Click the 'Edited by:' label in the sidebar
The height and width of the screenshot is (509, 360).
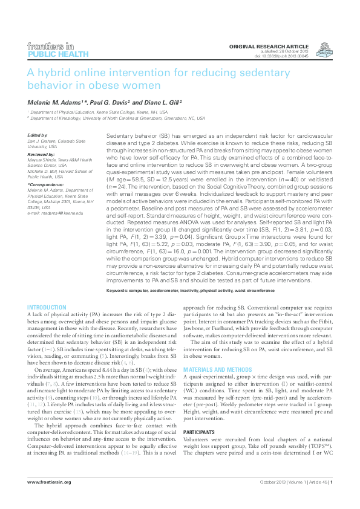coord(38,135)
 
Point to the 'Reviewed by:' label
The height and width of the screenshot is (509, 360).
coord(41,154)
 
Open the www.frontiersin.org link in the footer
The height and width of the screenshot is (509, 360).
coord(50,499)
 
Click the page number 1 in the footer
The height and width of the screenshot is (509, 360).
coord(331,499)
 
